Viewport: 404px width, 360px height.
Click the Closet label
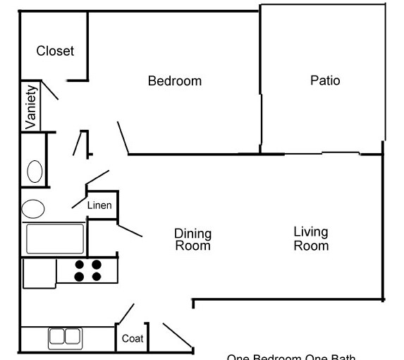coord(55,51)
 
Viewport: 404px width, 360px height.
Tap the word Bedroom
coord(174,80)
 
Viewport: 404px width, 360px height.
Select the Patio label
coord(325,80)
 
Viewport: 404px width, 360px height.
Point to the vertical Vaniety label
coord(31,107)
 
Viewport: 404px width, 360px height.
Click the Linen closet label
coord(99,205)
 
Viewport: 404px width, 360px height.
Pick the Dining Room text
coord(192,239)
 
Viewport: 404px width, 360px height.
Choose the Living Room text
coord(311,239)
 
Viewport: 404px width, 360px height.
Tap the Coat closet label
coord(133,338)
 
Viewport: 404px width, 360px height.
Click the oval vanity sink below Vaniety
coord(34,171)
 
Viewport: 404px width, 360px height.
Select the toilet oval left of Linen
coord(33,208)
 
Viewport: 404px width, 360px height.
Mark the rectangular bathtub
coord(55,239)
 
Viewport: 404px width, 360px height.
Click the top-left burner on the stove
coord(80,265)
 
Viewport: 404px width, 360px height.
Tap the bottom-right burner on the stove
coord(97,277)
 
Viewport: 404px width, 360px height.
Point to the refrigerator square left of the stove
coord(39,273)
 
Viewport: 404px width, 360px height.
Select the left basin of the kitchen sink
coord(57,337)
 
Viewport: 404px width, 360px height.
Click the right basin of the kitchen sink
coord(72,337)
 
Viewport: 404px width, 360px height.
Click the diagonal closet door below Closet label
coord(50,90)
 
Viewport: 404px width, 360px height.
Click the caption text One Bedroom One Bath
coord(290,356)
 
